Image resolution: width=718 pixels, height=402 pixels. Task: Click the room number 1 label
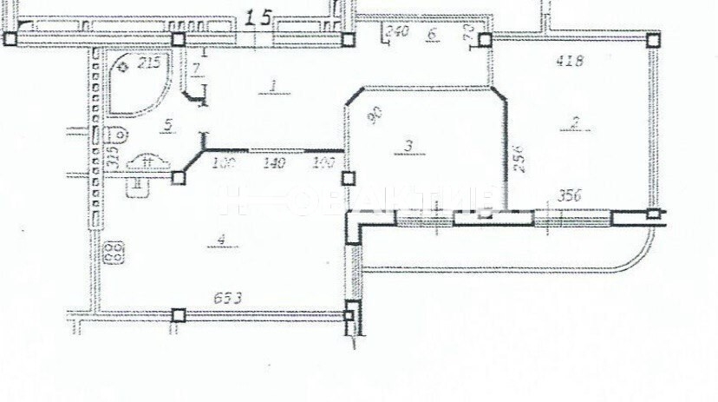(273, 86)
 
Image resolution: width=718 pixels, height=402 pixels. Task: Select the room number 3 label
(407, 145)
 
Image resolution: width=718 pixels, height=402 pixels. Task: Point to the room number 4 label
(222, 240)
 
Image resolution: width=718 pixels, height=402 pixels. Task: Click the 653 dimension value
(228, 299)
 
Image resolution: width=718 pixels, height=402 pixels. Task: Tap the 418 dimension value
(569, 61)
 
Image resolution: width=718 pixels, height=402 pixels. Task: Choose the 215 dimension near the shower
(149, 62)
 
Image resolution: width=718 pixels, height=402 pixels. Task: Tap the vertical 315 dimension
(111, 156)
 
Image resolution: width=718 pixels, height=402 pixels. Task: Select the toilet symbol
(118, 135)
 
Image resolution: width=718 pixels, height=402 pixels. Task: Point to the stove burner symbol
(113, 254)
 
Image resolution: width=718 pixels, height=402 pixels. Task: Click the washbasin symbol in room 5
(146, 161)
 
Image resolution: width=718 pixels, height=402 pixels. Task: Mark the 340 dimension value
(396, 32)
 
